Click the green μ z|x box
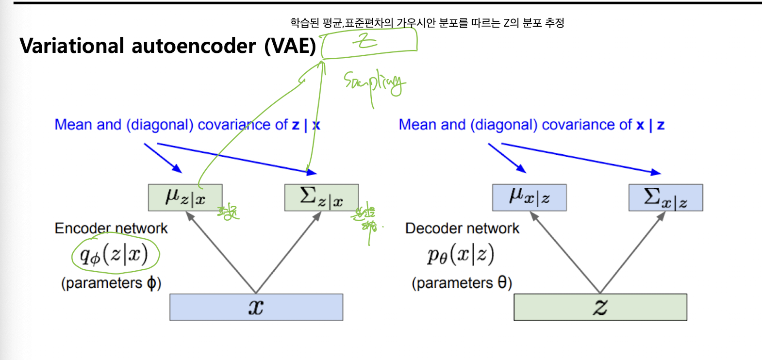[185, 197]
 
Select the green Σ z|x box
[321, 197]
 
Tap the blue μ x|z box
[529, 197]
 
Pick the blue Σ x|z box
[665, 197]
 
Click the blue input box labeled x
[256, 307]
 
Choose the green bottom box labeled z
[600, 307]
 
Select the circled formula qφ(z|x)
[115, 254]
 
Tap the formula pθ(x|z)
[461, 254]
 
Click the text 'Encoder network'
[111, 228]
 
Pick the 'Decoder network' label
[462, 228]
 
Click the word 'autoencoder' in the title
[194, 46]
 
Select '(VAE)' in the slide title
[290, 46]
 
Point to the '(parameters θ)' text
[462, 282]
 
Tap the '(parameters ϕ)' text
[111, 282]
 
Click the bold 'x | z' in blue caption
[650, 125]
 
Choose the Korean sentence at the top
[427, 23]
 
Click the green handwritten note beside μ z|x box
[228, 213]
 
